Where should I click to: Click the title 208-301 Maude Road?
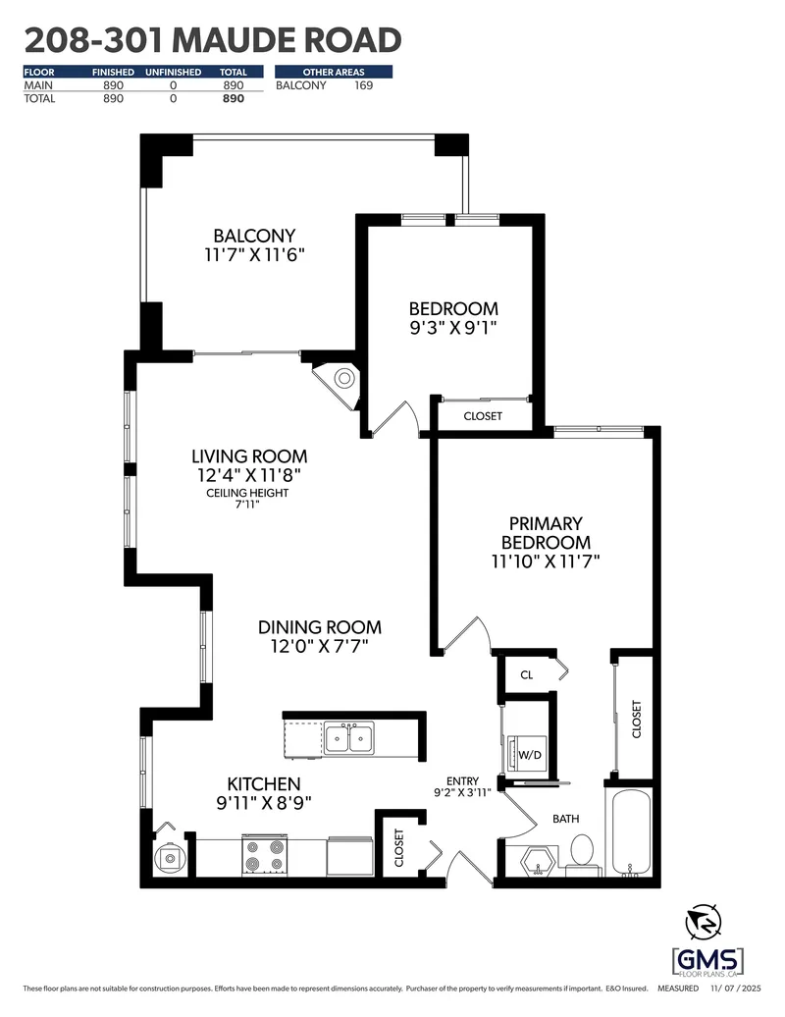click(212, 40)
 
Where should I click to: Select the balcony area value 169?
click(364, 85)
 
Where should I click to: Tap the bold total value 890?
click(233, 99)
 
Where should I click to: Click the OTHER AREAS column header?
click(334, 72)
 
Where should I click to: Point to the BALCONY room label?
click(254, 236)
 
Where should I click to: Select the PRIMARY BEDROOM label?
click(546, 533)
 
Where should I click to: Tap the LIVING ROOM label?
click(248, 456)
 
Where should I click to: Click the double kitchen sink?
click(348, 737)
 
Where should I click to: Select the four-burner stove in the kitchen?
click(263, 854)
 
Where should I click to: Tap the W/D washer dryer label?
click(530, 755)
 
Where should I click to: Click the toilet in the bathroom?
click(582, 850)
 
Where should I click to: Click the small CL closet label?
click(526, 675)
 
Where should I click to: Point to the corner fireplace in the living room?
click(342, 378)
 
